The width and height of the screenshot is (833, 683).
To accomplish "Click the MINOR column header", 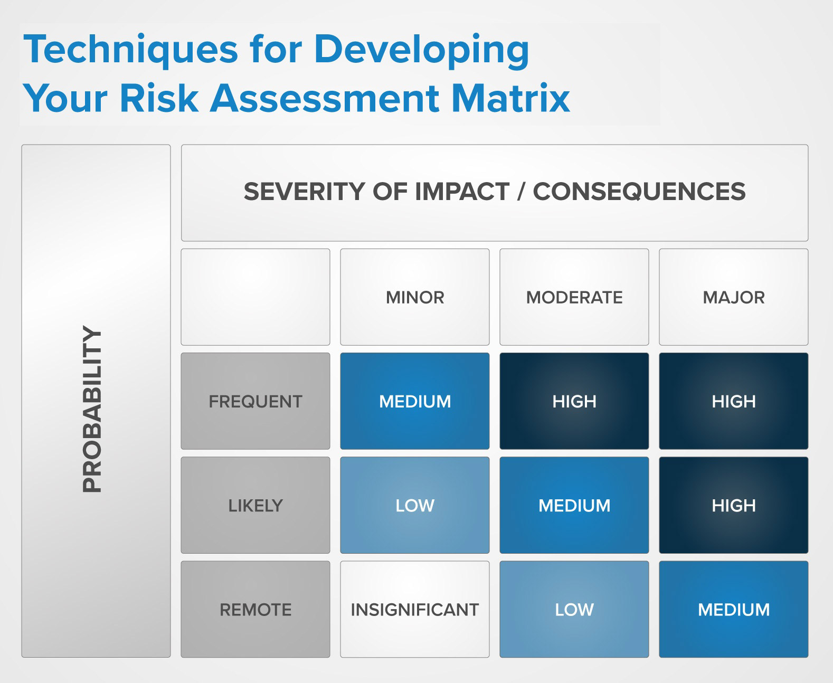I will (415, 297).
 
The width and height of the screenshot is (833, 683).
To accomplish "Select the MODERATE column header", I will (574, 297).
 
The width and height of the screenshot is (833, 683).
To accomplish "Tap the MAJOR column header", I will (734, 297).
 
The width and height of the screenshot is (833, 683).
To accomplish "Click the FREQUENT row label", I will (255, 401).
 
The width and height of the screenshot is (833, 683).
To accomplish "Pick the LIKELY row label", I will (255, 505).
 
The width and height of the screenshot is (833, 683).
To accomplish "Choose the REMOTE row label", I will (255, 610).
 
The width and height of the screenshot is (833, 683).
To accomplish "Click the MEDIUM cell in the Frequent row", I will (415, 401).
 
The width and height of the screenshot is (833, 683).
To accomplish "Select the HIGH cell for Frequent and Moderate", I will (574, 401).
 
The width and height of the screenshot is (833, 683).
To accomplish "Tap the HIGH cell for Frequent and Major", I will (734, 401).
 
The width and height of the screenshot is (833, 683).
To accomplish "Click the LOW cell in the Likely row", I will (415, 505).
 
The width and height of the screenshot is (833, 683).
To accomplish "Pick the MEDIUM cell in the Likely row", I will (574, 505).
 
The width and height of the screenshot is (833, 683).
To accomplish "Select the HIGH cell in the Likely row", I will (734, 505).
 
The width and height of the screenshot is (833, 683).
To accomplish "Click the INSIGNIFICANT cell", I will (415, 610).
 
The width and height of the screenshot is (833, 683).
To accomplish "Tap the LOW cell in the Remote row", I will (574, 610).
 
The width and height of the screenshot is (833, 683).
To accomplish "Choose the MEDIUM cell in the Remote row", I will (734, 610).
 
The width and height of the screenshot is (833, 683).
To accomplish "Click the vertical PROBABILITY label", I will (92, 409).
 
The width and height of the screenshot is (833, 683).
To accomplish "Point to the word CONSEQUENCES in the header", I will (639, 191).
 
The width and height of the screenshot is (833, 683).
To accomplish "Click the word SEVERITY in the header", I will (305, 191).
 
